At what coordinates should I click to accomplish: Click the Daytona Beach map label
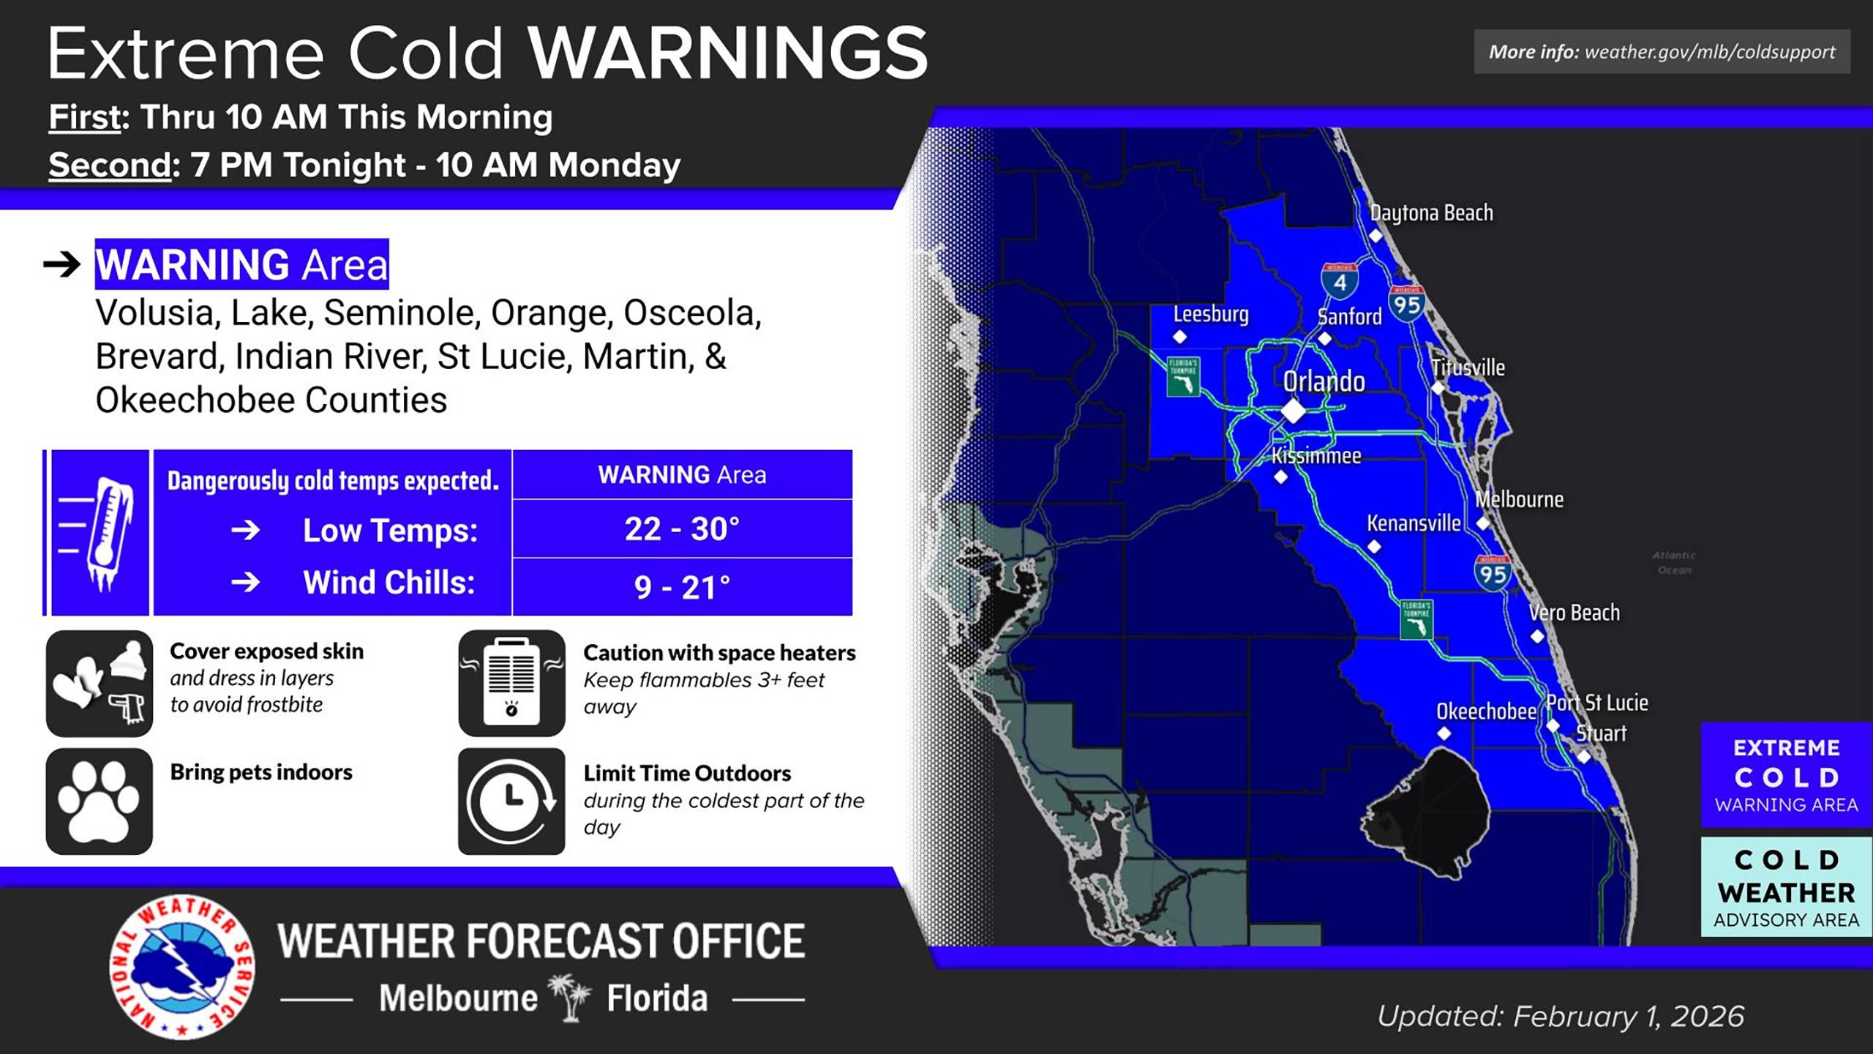pos(1431,213)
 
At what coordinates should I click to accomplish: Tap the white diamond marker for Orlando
pos(1293,411)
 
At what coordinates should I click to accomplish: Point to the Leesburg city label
pos(1211,314)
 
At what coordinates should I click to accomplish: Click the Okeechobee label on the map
pos(1486,711)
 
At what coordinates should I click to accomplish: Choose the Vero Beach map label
pos(1574,613)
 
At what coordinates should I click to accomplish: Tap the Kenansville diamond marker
pos(1374,547)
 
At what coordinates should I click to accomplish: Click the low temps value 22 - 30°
pos(682,528)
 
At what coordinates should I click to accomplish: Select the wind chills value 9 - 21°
pos(682,587)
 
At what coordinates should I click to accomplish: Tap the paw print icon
pos(100,801)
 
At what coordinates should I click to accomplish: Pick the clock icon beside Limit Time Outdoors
pos(511,801)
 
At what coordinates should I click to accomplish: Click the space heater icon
pos(511,683)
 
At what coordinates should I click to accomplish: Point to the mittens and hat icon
pos(100,683)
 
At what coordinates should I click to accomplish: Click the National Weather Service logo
pos(182,967)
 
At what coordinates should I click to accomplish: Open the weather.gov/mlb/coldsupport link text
pos(1709,52)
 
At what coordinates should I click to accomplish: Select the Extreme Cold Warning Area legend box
pos(1786,775)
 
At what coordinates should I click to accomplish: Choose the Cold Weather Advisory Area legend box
pos(1786,887)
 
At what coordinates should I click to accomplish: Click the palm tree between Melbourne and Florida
pos(571,997)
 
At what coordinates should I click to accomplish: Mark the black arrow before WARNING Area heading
pos(62,264)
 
